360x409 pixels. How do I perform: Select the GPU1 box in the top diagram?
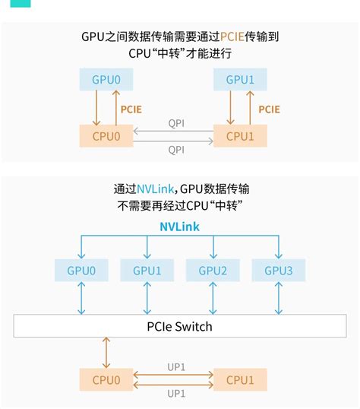click(x=240, y=80)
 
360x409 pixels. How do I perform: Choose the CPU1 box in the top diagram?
click(x=240, y=136)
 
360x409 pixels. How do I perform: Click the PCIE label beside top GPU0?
click(x=131, y=109)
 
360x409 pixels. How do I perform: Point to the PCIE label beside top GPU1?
click(x=269, y=109)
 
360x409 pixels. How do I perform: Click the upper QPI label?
click(x=175, y=123)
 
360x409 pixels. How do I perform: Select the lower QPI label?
click(x=175, y=150)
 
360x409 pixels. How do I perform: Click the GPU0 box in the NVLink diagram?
click(x=81, y=270)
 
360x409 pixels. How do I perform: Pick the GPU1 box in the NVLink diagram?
click(x=147, y=270)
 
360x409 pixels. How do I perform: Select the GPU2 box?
click(x=213, y=270)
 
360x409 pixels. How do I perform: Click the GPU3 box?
click(x=278, y=270)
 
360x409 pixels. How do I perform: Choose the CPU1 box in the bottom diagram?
click(x=240, y=379)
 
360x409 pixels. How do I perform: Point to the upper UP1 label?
click(x=176, y=366)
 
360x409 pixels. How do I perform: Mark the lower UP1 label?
click(x=176, y=393)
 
